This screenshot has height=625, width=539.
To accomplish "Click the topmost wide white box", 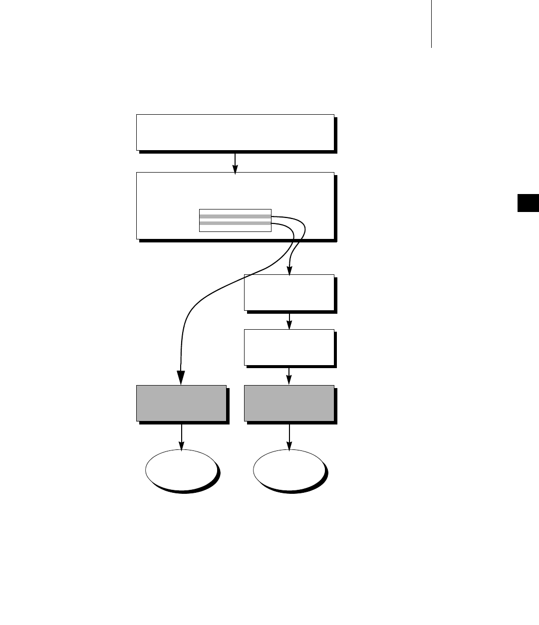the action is coord(235,132).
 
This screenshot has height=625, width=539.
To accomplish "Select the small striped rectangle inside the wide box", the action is coord(235,220).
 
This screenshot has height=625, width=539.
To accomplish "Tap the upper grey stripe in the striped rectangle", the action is coord(235,216).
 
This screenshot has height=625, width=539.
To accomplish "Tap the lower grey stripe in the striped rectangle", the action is coord(235,223).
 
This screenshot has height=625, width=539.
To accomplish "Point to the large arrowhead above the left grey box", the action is coord(181,377).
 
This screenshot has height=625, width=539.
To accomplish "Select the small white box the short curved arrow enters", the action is coord(289,292).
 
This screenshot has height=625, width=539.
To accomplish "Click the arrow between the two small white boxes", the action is coord(289,320).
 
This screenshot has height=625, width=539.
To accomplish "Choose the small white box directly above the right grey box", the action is coord(289,347).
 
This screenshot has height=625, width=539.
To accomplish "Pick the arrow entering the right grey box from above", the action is coord(289,376).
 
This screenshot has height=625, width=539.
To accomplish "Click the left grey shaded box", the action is coord(181,403).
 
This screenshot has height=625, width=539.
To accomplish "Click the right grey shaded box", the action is coord(289,403).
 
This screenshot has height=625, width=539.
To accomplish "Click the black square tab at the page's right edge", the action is coord(528,203).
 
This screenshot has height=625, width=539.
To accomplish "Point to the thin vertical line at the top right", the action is coord(431,24).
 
